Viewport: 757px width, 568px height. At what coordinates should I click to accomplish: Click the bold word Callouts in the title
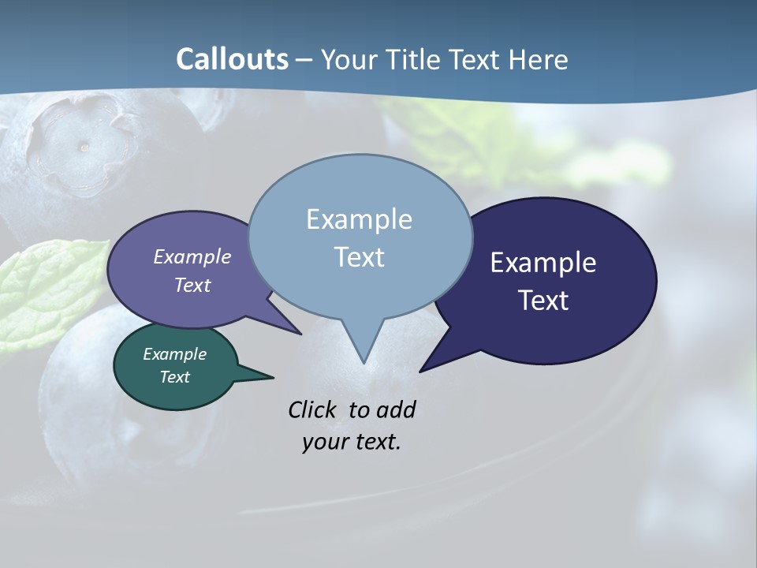pos(232,59)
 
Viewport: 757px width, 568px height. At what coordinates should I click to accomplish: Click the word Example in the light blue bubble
pos(359,219)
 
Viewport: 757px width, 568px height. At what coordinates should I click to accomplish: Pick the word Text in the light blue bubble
pos(359,257)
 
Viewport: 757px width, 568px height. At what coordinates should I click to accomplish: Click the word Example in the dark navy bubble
pos(543,263)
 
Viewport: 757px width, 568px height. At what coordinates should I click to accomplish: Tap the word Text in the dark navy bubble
pos(543,301)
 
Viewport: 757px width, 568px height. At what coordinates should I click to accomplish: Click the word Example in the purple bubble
pos(192,256)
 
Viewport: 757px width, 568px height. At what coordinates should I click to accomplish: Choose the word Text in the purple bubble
pos(192,285)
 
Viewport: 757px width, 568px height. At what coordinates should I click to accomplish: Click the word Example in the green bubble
pos(174,354)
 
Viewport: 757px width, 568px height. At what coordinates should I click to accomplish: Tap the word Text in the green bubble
pos(174,377)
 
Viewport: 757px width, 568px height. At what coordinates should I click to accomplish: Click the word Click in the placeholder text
pos(314,409)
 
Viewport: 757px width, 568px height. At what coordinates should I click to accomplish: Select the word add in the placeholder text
pos(396,409)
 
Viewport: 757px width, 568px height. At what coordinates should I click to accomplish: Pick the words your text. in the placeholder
pos(352,442)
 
